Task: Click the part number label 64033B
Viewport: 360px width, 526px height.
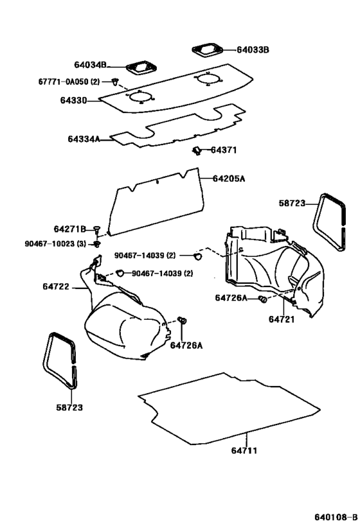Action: (253, 49)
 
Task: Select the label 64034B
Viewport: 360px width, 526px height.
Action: (91, 65)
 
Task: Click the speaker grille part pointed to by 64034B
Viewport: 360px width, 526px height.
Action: (138, 67)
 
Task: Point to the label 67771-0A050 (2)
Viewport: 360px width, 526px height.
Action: (69, 82)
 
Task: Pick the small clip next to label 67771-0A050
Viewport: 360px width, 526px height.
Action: (115, 82)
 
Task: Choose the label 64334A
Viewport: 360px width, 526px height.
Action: (84, 138)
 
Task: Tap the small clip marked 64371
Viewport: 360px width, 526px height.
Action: (195, 150)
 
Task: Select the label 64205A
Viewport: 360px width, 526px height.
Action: (228, 179)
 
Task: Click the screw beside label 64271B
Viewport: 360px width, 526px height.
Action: (97, 229)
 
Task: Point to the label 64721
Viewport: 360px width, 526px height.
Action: (281, 319)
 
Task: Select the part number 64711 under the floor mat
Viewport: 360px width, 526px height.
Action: (244, 451)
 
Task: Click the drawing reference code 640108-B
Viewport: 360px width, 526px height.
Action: (336, 518)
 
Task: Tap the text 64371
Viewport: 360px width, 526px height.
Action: (225, 150)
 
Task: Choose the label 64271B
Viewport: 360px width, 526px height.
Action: (69, 229)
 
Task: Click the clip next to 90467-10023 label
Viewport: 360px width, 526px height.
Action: (97, 244)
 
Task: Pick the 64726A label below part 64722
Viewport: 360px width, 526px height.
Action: (186, 346)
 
